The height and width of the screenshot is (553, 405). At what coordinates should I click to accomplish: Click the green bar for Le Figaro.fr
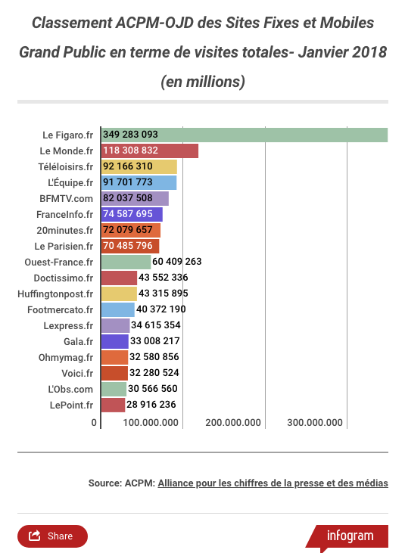click(x=245, y=135)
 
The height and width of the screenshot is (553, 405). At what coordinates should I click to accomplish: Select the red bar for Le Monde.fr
click(x=150, y=151)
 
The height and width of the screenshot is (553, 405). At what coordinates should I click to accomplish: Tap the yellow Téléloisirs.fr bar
click(x=139, y=167)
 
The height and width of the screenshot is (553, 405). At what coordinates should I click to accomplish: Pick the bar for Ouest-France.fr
click(x=126, y=262)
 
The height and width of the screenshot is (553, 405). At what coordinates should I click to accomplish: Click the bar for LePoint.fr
click(x=113, y=405)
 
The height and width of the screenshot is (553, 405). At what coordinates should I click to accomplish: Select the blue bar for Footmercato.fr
click(x=118, y=309)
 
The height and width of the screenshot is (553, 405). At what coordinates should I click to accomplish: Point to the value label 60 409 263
click(x=176, y=261)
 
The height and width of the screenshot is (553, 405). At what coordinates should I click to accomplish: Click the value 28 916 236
click(x=151, y=404)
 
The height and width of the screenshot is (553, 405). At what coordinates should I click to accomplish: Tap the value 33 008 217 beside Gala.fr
click(x=155, y=340)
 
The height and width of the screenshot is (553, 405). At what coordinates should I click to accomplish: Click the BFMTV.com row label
click(x=67, y=198)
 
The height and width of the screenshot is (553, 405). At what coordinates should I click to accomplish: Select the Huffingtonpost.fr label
click(x=55, y=294)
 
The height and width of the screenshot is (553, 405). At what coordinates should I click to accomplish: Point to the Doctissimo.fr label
click(x=64, y=278)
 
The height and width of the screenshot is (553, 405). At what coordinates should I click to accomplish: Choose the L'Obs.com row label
click(x=70, y=389)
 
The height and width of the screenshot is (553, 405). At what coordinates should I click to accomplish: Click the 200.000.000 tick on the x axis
click(x=233, y=423)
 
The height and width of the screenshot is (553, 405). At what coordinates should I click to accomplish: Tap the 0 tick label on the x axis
click(x=94, y=423)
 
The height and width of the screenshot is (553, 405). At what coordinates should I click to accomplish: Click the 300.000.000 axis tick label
click(x=315, y=423)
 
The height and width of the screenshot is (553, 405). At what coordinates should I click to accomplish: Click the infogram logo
click(x=350, y=536)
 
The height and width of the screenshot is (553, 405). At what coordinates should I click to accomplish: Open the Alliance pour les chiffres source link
click(x=273, y=483)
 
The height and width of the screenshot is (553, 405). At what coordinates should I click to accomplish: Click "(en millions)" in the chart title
click(x=203, y=82)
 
